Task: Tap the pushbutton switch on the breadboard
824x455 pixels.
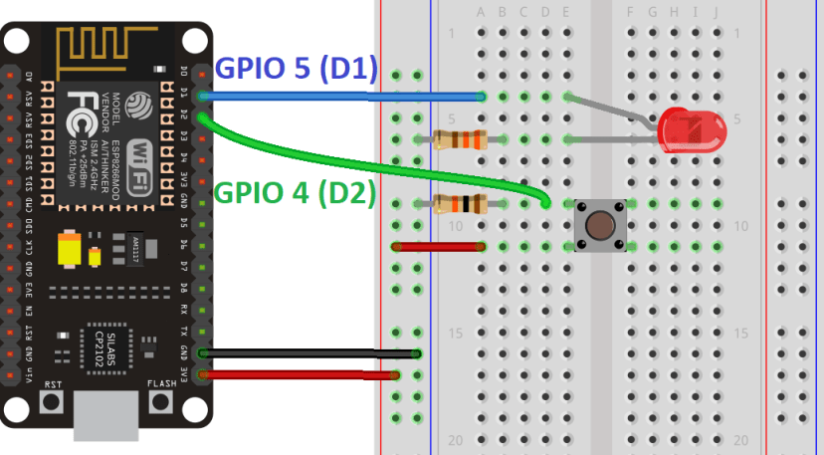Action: [x=600, y=224]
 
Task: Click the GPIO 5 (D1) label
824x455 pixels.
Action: [x=297, y=69]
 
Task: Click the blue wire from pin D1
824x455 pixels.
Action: [x=338, y=97]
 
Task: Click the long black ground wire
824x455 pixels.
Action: [x=309, y=353]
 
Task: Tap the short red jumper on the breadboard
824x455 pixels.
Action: [x=439, y=246]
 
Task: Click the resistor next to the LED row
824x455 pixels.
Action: [x=461, y=139]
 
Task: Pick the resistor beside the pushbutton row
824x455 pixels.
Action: [x=461, y=204]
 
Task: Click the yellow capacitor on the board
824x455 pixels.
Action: [x=71, y=250]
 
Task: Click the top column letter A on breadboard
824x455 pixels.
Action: [x=482, y=12]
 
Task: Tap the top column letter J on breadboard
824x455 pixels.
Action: [x=718, y=12]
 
